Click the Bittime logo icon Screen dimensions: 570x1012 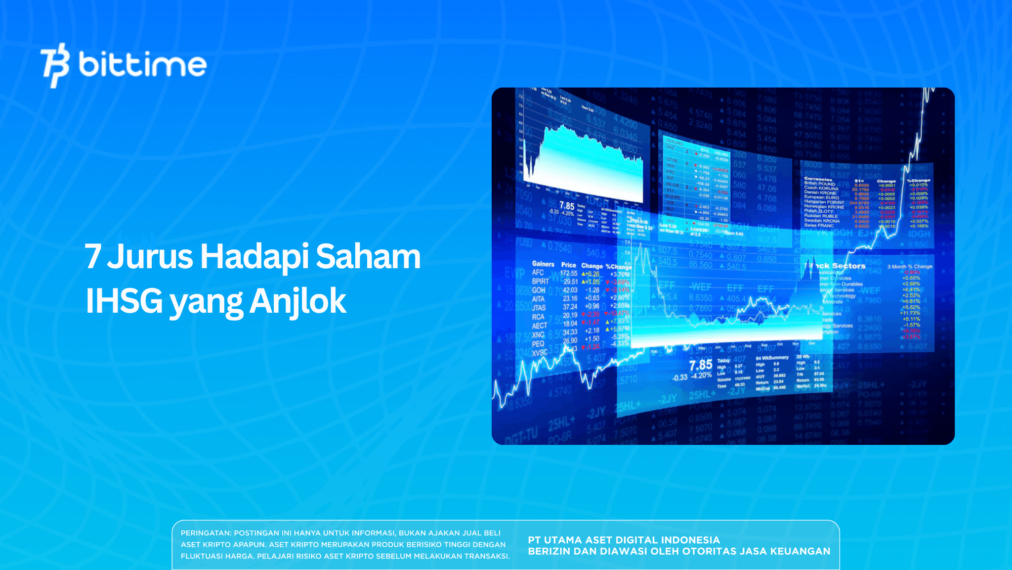click(x=55, y=65)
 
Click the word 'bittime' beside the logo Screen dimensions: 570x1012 click(x=142, y=65)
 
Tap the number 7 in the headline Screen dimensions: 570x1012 click(x=92, y=257)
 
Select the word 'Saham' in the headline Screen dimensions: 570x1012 click(x=368, y=257)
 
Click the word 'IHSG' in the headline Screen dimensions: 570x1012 click(x=124, y=301)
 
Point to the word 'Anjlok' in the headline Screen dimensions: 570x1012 click(x=297, y=301)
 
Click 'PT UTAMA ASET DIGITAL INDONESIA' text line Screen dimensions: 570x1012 click(x=624, y=540)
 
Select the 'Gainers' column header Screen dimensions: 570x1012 click(x=543, y=264)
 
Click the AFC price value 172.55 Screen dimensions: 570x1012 click(x=569, y=273)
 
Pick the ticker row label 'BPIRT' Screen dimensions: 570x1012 click(x=540, y=281)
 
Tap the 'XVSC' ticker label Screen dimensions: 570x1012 click(x=539, y=353)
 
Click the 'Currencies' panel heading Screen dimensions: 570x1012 click(x=818, y=179)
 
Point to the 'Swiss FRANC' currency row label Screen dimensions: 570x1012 click(x=818, y=225)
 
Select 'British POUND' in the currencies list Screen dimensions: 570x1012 click(x=819, y=184)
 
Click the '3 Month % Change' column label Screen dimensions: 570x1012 click(x=909, y=266)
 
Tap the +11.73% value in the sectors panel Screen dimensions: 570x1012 click(x=910, y=313)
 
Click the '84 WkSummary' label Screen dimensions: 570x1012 click(x=772, y=357)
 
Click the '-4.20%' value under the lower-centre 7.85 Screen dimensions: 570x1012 click(x=701, y=376)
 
